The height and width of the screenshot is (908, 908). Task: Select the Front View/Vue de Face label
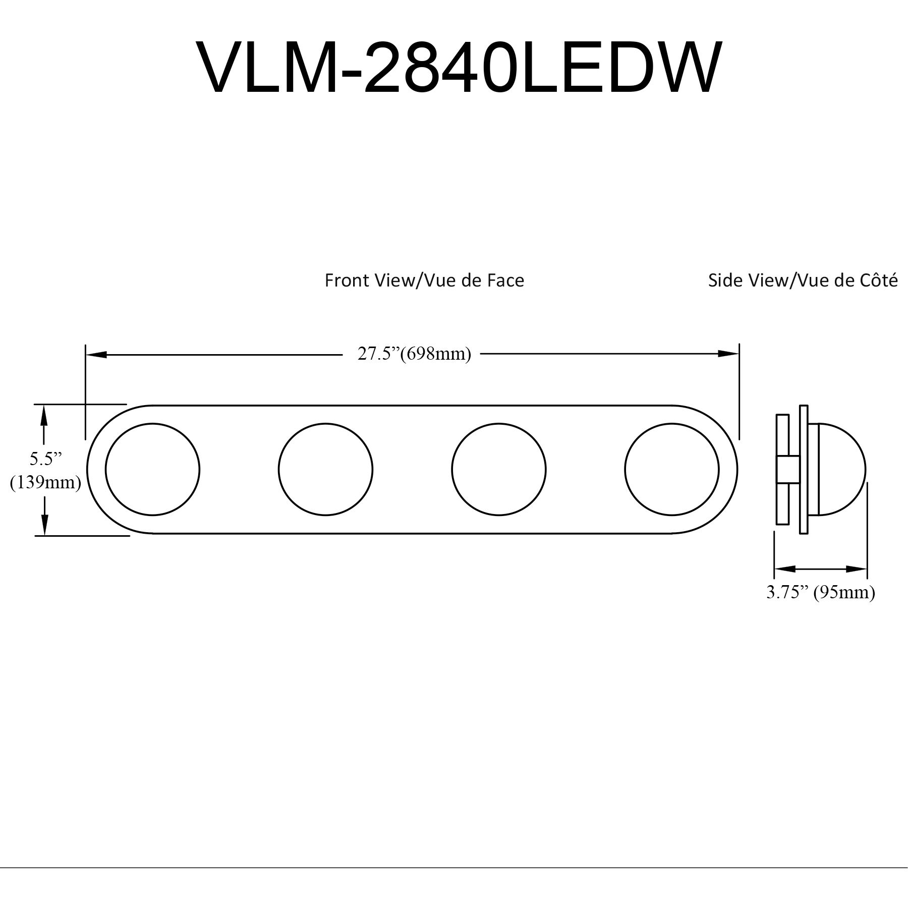pyautogui.click(x=424, y=280)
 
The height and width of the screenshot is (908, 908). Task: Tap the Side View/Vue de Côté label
pyautogui.click(x=803, y=280)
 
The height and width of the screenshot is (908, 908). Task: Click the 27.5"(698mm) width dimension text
pyautogui.click(x=414, y=354)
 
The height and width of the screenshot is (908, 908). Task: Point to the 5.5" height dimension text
pyautogui.click(x=45, y=459)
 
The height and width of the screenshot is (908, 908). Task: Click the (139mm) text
pyautogui.click(x=45, y=483)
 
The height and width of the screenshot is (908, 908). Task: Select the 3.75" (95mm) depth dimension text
pyautogui.click(x=820, y=592)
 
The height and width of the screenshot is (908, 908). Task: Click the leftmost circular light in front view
pyautogui.click(x=153, y=469)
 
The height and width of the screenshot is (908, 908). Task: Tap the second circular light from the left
pyautogui.click(x=325, y=469)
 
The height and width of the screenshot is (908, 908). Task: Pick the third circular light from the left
pyautogui.click(x=499, y=469)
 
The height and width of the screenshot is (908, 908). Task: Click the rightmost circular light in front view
pyautogui.click(x=671, y=469)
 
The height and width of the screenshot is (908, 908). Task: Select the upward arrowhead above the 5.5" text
pyautogui.click(x=44, y=415)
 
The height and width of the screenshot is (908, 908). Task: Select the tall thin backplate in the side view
pyautogui.click(x=804, y=469)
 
